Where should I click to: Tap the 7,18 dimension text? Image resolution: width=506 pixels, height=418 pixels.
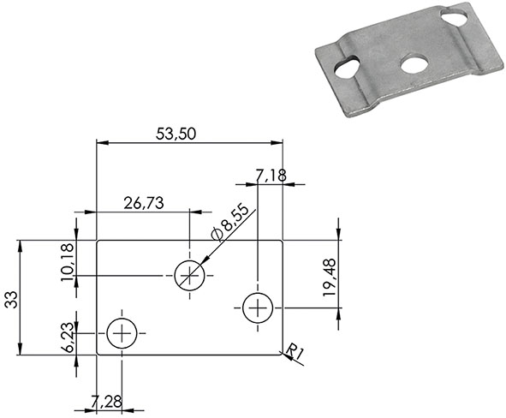[271, 175]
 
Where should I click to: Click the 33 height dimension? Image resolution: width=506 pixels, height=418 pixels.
[11, 297]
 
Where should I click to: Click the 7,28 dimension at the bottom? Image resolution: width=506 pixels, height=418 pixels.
[110, 401]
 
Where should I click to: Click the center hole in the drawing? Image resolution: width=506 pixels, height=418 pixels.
[189, 275]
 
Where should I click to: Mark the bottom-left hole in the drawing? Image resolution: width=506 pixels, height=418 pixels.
[122, 332]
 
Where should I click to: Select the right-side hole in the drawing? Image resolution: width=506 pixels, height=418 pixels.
[257, 308]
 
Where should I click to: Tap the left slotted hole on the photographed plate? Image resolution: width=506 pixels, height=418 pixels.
[348, 67]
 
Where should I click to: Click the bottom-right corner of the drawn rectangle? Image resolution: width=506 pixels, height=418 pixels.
[283, 354]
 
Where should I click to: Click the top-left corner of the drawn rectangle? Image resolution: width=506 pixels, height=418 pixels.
[97, 241]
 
